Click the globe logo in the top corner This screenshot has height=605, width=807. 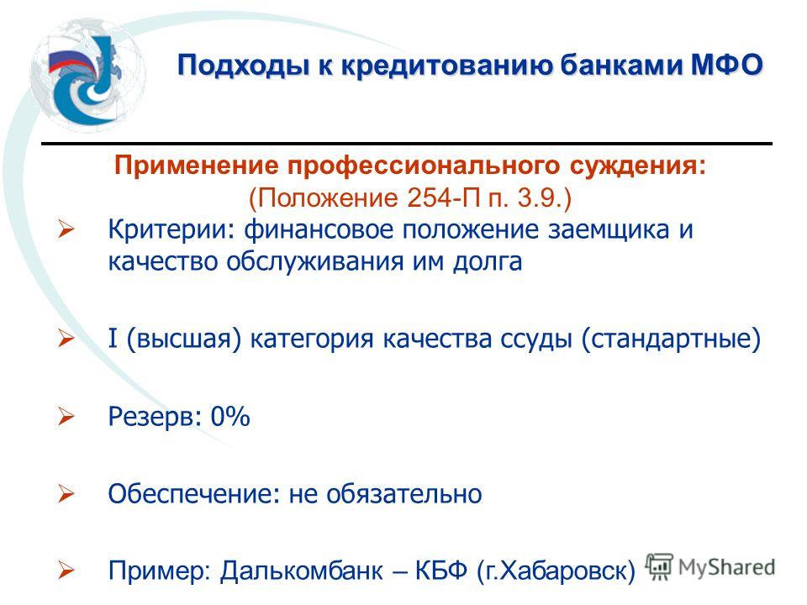[x=87, y=77]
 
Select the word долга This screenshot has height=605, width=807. [x=488, y=262]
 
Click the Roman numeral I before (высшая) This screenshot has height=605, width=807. [x=113, y=339]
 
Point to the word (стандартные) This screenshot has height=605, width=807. [x=671, y=339]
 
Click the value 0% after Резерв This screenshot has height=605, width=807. [x=230, y=416]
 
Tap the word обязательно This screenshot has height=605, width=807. [x=404, y=494]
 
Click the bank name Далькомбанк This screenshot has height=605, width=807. [x=302, y=571]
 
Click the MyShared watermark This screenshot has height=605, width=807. [x=710, y=567]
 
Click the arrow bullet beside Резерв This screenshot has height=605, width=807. [x=66, y=416]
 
